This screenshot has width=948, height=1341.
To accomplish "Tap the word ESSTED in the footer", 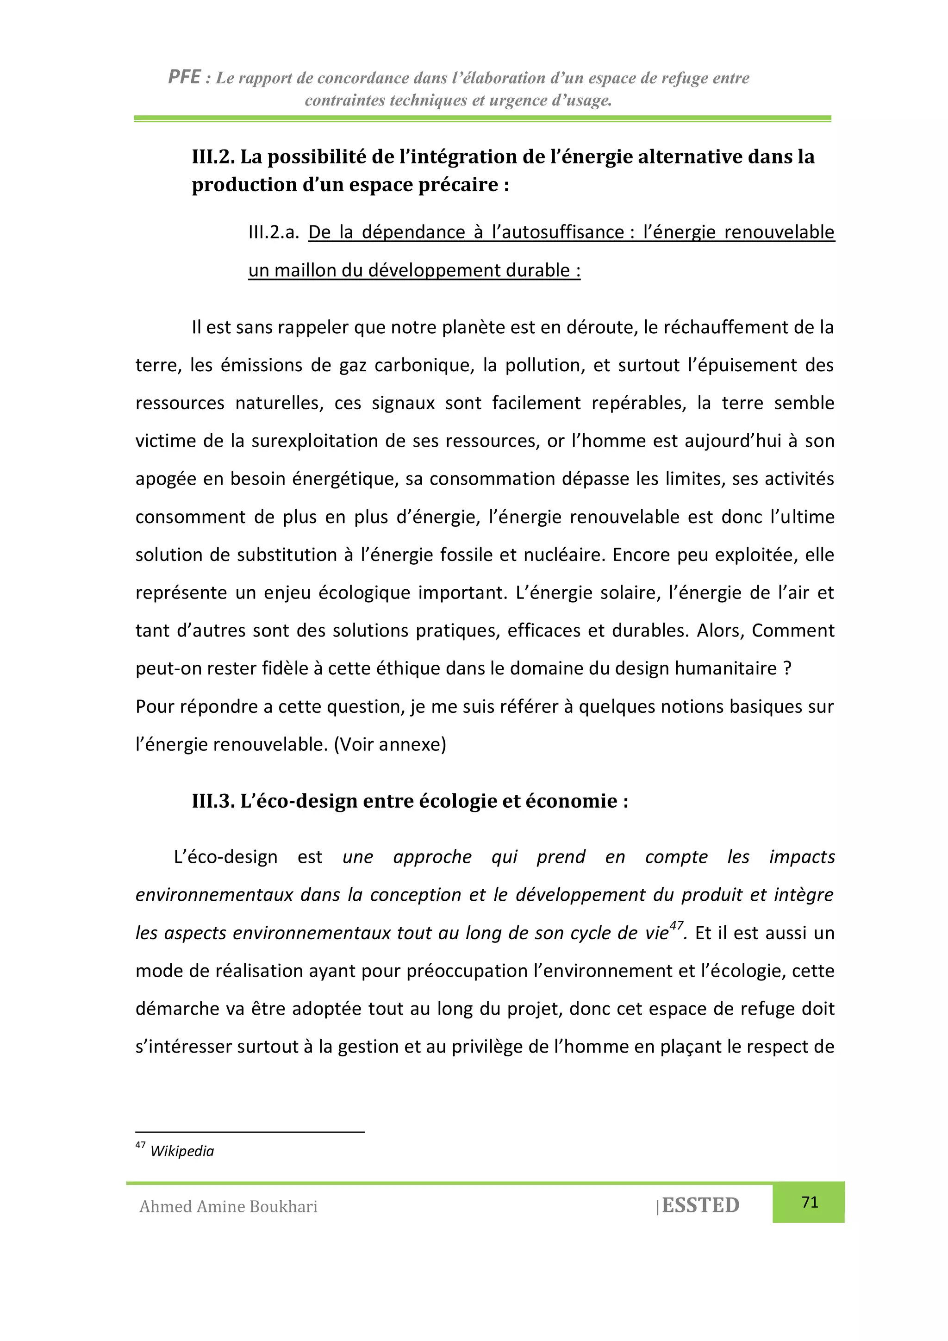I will pos(700,1205).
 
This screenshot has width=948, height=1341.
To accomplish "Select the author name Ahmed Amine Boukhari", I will pos(228,1206).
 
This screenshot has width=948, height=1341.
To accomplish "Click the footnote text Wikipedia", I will pos(182,1151).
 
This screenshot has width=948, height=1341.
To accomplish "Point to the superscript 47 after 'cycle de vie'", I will pos(676,925).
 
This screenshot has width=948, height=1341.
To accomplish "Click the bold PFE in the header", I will pos(185,76).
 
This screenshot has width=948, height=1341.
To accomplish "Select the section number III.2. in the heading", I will pos(213,156).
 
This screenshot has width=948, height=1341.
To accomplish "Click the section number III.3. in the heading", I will pos(213,801).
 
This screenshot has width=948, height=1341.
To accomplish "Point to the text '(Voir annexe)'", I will pos(390,745).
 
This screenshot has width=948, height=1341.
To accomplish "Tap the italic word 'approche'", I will pos(432,857).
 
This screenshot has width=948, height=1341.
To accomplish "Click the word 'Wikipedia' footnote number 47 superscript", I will pos(140,1145).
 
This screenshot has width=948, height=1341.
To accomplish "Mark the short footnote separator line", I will pos(249,1132).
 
